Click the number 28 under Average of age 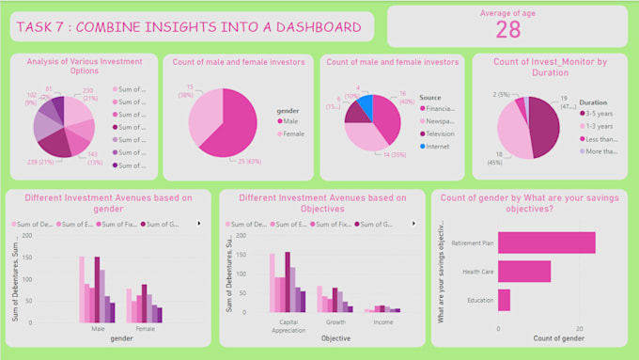[x=507, y=30]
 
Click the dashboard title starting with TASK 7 [x=188, y=26]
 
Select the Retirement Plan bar [x=546, y=242]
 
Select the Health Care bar [x=523, y=272]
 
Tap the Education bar [x=504, y=300]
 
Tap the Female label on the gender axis [x=146, y=329]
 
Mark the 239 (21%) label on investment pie [x=40, y=161]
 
